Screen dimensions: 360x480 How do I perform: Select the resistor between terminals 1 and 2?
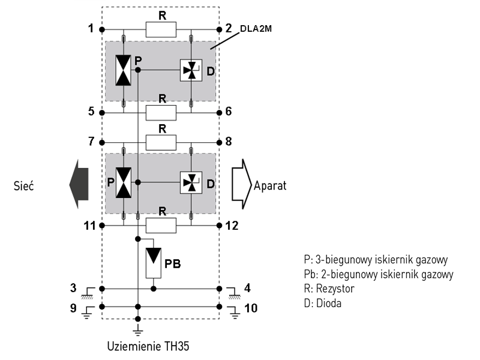point(161,29)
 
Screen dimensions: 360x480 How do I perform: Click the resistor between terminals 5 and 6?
point(161,112)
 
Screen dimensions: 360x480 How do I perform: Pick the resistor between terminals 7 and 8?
point(161,142)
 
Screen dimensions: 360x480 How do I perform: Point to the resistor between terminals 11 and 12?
point(161,225)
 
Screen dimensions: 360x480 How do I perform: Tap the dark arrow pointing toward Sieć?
point(78,184)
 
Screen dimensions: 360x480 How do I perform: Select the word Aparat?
point(271,185)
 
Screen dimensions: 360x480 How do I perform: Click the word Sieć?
point(25,185)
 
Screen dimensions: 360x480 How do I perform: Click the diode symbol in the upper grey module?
point(191,70)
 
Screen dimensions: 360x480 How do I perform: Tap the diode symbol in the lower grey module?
point(191,182)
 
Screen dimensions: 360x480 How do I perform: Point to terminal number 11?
point(88,226)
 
